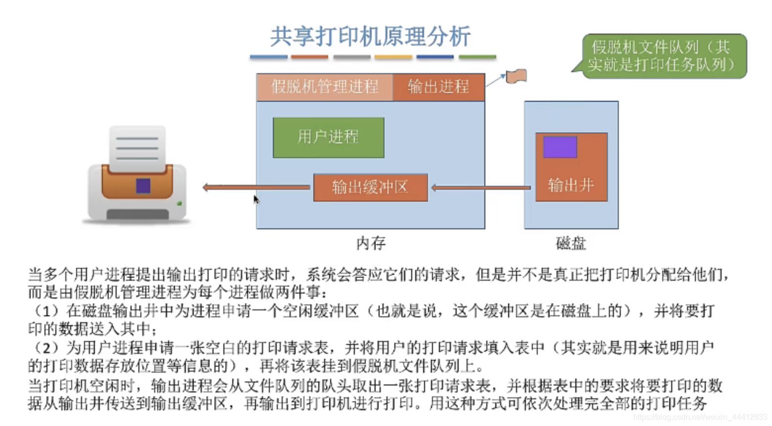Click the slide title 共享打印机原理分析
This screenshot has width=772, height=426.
pyautogui.click(x=370, y=37)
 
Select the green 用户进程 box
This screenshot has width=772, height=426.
pyautogui.click(x=328, y=137)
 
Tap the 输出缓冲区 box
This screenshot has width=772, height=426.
pyautogui.click(x=370, y=187)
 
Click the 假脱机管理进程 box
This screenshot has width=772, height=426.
pyautogui.click(x=324, y=86)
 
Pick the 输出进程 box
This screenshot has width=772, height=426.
pyautogui.click(x=438, y=86)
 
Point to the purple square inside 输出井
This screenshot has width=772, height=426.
pyautogui.click(x=560, y=147)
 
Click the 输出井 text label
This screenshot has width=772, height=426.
pyautogui.click(x=571, y=185)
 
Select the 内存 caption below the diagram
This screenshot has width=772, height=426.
pyautogui.click(x=371, y=243)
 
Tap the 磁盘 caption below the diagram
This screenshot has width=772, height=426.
pyautogui.click(x=571, y=243)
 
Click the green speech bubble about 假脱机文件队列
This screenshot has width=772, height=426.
pyautogui.click(x=663, y=56)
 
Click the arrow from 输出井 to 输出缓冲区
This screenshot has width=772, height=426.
pyautogui.click(x=480, y=188)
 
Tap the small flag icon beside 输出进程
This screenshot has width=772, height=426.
pyautogui.click(x=516, y=77)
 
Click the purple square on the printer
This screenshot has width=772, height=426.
pyautogui.click(x=143, y=186)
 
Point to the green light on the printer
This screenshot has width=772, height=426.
pyautogui.click(x=179, y=203)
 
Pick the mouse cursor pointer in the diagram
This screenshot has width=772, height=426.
pyautogui.click(x=256, y=199)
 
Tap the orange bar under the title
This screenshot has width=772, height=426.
pyautogui.click(x=309, y=57)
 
